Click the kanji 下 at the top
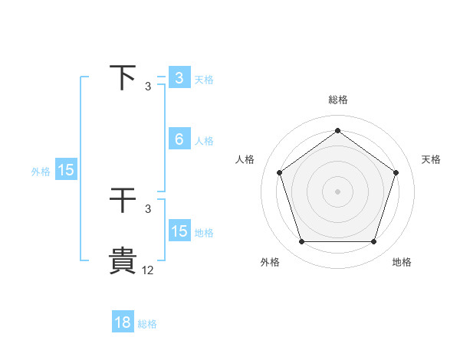[123, 78]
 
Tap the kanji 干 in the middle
[123, 201]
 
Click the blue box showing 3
[179, 78]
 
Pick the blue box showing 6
[179, 139]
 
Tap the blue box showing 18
[123, 322]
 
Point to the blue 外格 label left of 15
[41, 172]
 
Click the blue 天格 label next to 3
[204, 80]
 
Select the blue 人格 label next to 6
[204, 141]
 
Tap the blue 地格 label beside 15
[204, 233]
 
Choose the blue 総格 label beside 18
[147, 324]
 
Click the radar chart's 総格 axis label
[338, 100]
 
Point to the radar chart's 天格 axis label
[432, 159]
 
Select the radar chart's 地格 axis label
[402, 262]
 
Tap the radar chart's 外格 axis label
[270, 262]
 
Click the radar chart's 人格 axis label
[245, 159]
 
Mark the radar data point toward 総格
[337, 131]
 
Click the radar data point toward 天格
[396, 172]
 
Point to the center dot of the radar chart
[337, 191]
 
